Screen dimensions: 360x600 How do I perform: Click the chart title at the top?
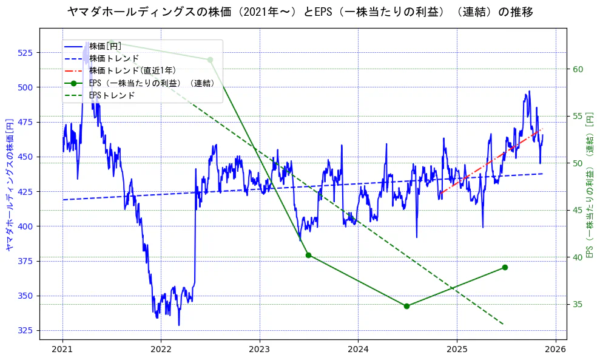point(300,12)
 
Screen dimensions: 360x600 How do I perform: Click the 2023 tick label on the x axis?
point(260,350)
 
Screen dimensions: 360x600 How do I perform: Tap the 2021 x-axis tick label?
point(62,350)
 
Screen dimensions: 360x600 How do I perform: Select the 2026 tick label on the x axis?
point(556,350)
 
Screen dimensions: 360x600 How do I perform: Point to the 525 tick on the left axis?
point(28,53)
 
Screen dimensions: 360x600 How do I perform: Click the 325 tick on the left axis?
point(28,331)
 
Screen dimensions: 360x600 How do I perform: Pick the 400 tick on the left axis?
point(28,226)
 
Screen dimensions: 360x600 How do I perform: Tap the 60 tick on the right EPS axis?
point(578,69)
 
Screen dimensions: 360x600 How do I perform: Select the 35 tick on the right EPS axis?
point(578,305)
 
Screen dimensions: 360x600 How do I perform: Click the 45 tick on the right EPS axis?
point(578,211)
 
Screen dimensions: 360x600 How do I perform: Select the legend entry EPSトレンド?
point(112,95)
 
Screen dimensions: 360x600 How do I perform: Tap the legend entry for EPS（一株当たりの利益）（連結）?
point(152,83)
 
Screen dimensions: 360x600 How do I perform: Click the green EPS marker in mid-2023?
point(308,255)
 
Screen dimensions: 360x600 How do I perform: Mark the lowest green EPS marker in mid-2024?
point(406,306)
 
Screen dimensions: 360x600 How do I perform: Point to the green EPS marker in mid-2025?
point(505,268)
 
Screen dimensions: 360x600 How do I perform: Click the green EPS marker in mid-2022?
point(210,59)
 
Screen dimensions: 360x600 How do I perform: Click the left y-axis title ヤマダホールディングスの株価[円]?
point(9,184)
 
